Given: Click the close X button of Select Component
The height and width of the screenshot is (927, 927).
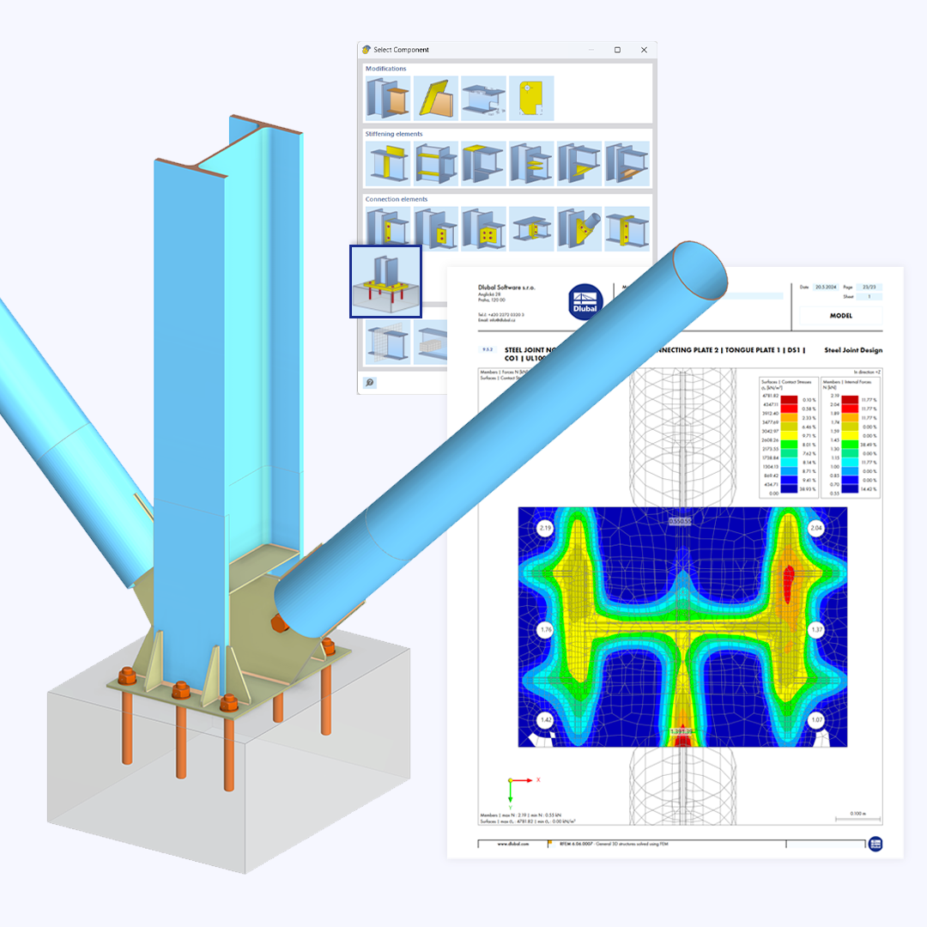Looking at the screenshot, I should pos(644,50).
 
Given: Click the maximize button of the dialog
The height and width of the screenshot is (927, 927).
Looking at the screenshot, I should pos(617,50).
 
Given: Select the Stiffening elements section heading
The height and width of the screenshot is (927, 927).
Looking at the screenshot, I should pos(394,134).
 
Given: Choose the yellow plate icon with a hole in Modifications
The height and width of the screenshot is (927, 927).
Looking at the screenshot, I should pos(531,98).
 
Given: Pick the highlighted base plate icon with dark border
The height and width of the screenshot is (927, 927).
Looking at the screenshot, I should pos(385,282).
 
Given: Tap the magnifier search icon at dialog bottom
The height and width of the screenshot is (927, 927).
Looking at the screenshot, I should pos(370,383).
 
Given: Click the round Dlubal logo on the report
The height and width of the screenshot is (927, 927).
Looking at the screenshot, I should pos(585,303).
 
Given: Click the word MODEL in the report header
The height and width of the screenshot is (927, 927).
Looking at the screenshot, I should pos(840,315).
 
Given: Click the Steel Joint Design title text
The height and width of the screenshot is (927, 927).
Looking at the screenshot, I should pos(852,350).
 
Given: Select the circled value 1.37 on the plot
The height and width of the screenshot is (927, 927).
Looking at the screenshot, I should pos(816,630).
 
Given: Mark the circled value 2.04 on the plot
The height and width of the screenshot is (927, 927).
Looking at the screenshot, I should pos(817,528).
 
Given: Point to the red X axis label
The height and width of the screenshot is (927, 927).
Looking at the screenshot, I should pos(538,779).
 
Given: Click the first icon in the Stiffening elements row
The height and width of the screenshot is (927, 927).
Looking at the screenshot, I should pos(386,163).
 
